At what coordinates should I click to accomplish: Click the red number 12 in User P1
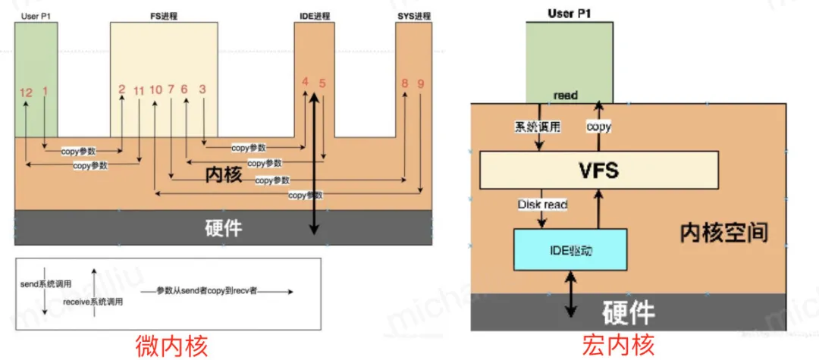(x=27, y=92)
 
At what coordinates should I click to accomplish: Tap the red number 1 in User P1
(x=45, y=91)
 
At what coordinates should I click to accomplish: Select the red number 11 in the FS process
(x=138, y=91)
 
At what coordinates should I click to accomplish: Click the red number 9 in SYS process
(x=420, y=83)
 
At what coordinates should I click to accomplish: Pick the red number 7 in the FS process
(x=171, y=89)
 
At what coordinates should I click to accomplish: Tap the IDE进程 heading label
(x=313, y=16)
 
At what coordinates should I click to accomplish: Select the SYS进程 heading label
(x=413, y=16)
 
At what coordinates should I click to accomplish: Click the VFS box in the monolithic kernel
(x=598, y=170)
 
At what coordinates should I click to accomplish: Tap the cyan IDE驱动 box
(x=570, y=249)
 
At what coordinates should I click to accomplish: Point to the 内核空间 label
(x=723, y=233)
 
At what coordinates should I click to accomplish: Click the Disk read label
(x=542, y=204)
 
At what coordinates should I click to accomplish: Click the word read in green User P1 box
(x=566, y=95)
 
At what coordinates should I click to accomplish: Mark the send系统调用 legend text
(x=46, y=283)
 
